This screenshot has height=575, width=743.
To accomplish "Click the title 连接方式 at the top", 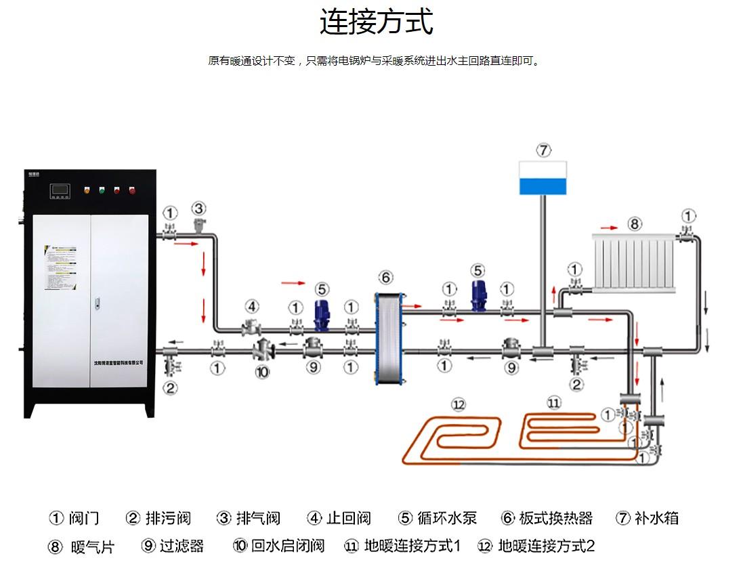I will [377, 22].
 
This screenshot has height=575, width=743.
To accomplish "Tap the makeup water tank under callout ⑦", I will [543, 178].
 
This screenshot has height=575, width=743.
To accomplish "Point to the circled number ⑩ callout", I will [262, 372].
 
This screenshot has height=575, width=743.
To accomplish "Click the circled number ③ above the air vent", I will [198, 208].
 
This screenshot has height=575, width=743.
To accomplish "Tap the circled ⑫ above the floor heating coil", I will [459, 405].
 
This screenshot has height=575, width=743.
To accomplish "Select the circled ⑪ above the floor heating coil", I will [553, 404].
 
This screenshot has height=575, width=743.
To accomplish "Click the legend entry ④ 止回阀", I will [339, 519].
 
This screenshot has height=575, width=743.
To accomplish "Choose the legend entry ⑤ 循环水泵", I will [438, 519].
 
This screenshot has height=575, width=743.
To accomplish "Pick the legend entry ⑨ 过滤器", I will [173, 546].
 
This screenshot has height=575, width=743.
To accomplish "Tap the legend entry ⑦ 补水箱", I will [647, 519].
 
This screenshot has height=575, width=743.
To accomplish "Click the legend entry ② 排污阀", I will [158, 519].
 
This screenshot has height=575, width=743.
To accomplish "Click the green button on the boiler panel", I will [102, 190].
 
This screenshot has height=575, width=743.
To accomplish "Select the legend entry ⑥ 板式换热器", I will [547, 519].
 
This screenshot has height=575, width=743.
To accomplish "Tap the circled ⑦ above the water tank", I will [544, 150].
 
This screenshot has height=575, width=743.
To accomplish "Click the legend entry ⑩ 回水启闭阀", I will [278, 546].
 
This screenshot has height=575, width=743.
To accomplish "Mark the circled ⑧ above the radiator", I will [634, 223].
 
